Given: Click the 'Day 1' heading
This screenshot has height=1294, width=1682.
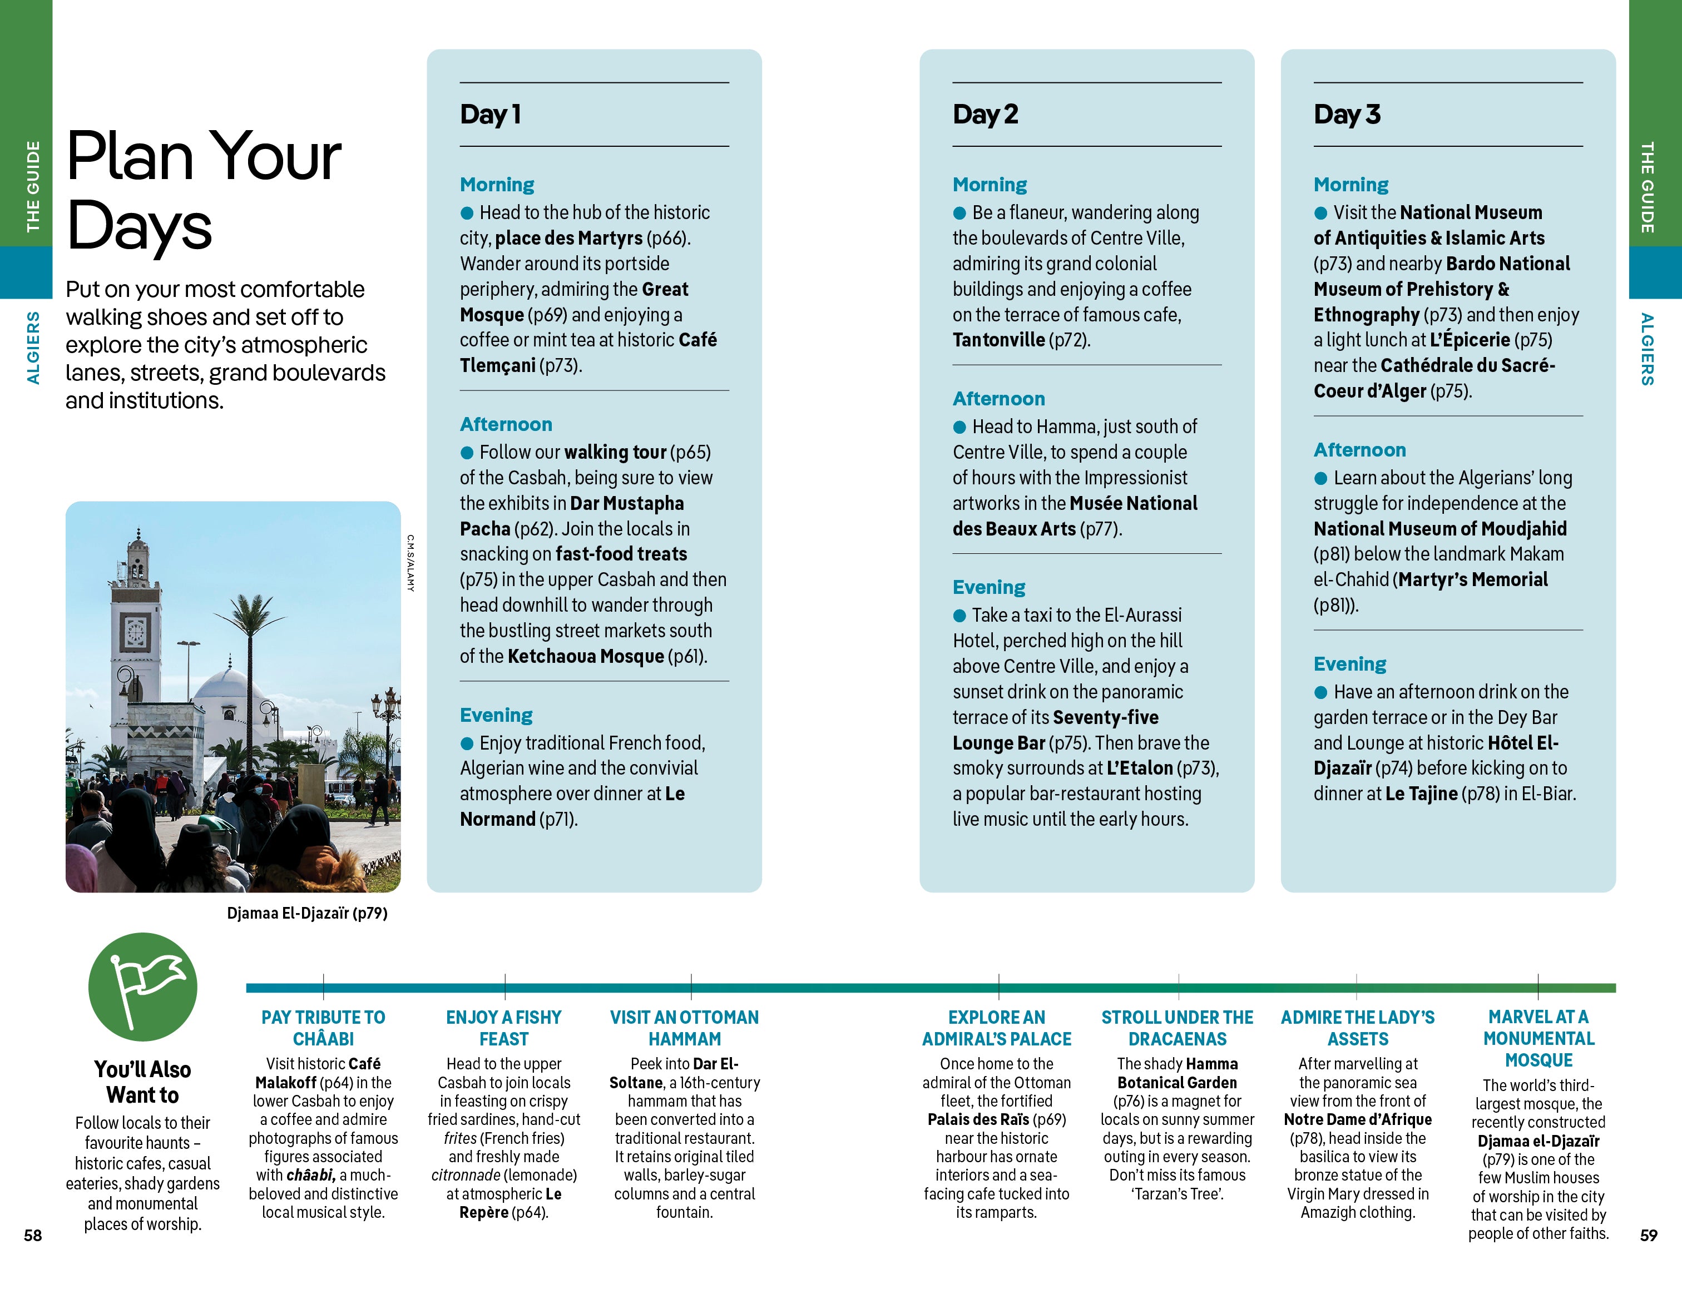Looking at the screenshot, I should click(x=491, y=115).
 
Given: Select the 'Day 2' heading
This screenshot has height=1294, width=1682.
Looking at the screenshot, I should click(x=985, y=115).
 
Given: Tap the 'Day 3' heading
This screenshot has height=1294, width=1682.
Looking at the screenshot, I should click(x=1346, y=115).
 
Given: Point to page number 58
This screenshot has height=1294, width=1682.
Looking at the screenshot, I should click(x=32, y=1234).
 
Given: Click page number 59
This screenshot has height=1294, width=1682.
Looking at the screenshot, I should click(x=1648, y=1234).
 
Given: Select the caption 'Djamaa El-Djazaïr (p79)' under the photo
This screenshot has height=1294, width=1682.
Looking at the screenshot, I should click(x=306, y=913).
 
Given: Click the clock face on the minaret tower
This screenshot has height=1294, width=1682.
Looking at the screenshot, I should click(x=136, y=633).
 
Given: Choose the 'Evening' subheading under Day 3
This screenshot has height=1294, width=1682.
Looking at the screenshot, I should click(x=1349, y=663).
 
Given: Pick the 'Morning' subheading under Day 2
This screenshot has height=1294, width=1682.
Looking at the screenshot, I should click(x=989, y=185).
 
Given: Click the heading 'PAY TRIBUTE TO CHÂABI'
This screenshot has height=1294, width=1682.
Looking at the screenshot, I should click(x=323, y=1028).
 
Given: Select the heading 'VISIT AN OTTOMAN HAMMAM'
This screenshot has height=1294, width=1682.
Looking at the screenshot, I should click(x=684, y=1028).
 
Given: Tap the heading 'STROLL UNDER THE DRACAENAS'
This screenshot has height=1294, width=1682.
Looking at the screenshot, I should click(x=1177, y=1028).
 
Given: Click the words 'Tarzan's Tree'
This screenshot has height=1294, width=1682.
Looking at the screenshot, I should click(x=1178, y=1194).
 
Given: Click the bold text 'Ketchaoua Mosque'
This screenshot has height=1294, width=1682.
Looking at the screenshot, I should click(x=585, y=656).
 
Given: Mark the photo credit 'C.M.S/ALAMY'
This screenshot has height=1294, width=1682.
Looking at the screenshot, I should click(x=410, y=563).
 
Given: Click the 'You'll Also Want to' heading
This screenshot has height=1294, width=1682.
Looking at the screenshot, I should click(x=142, y=1082).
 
